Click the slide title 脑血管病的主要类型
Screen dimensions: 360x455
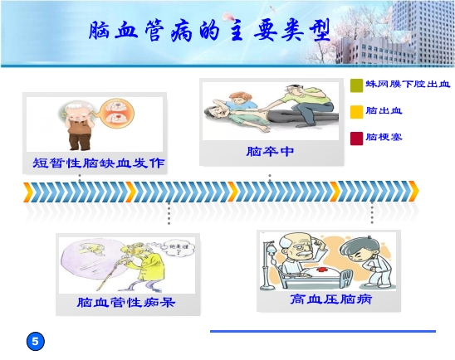(x=214, y=32)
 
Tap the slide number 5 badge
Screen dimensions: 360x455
(x=35, y=341)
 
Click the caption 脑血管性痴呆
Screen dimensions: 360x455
(x=126, y=303)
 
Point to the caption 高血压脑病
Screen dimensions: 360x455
(x=325, y=299)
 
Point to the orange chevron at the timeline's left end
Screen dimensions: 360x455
(x=28, y=192)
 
